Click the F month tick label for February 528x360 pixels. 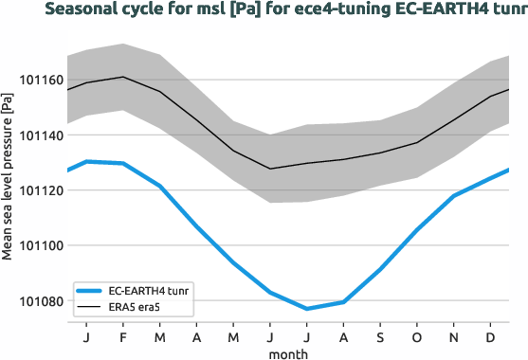pyautogui.click(x=123, y=336)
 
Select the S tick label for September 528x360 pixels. pyautogui.click(x=380, y=336)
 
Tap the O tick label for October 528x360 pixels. pyautogui.click(x=417, y=336)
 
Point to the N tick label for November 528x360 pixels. pyautogui.click(x=454, y=336)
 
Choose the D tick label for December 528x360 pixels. pyautogui.click(x=490, y=336)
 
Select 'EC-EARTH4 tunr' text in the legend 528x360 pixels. pyautogui.click(x=150, y=291)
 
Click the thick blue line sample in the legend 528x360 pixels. pyautogui.click(x=91, y=291)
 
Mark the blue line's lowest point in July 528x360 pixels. pyautogui.click(x=307, y=309)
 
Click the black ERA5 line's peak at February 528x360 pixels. pyautogui.click(x=123, y=77)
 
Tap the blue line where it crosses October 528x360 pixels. pyautogui.click(x=417, y=228)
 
